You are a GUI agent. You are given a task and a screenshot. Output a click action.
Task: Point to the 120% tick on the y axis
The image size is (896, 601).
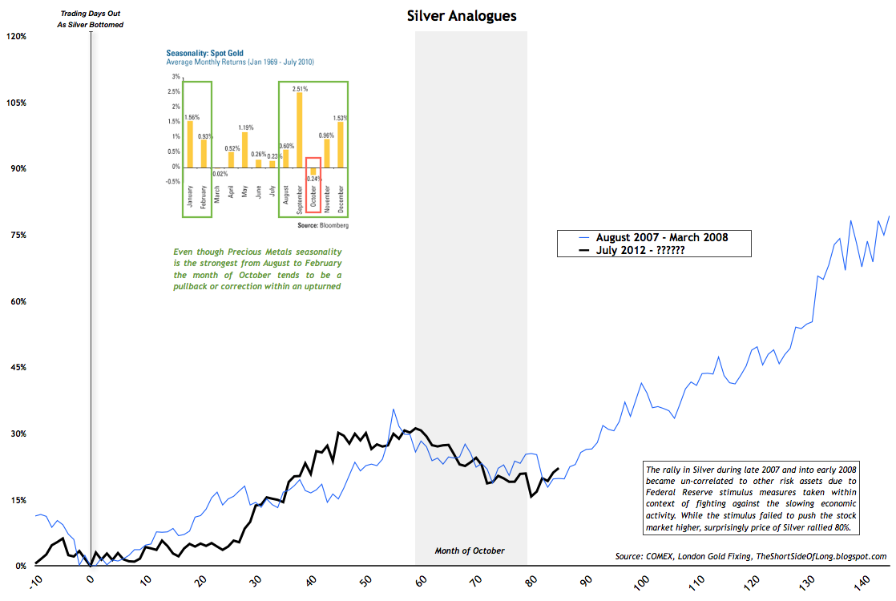(17, 36)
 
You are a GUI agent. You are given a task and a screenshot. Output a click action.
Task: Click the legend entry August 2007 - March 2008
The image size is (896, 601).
(666, 237)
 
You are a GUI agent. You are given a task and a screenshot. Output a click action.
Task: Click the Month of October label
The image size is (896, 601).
(470, 551)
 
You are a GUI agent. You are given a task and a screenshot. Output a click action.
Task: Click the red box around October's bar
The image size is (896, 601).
(313, 185)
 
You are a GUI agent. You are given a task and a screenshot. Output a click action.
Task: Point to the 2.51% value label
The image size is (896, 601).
(301, 88)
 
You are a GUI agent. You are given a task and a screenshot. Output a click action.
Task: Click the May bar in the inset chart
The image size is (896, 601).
(245, 150)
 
